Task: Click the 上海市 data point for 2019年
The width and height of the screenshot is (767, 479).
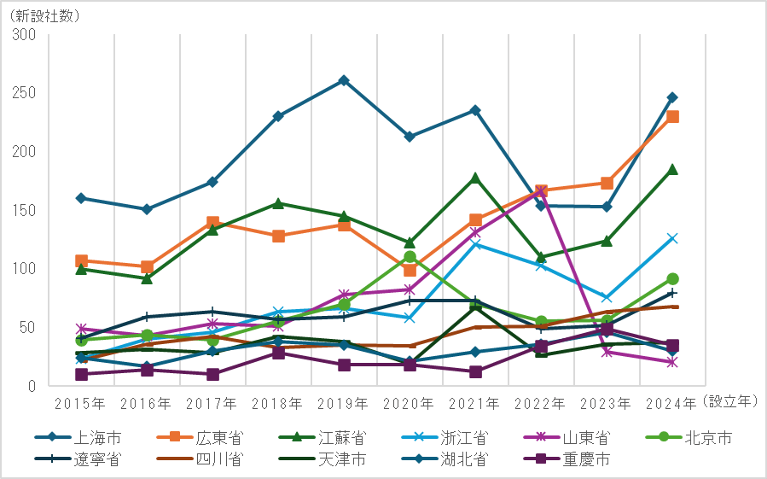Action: point(344,80)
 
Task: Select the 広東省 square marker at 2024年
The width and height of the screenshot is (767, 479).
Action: point(672,116)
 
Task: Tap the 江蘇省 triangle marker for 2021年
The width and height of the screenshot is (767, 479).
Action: point(475,178)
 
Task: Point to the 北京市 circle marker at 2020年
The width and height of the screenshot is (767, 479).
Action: point(410,257)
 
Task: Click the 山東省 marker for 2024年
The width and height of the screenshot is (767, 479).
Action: point(672,362)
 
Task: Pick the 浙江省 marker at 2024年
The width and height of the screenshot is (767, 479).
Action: point(672,238)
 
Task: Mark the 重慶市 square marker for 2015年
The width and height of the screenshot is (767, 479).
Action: point(81,374)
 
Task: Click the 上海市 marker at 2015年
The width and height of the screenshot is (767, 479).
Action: point(81,198)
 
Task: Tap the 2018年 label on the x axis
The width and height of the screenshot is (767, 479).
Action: point(278,402)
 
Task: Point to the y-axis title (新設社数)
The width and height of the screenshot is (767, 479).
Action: point(39,11)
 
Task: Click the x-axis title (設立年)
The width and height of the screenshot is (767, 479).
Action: point(731,400)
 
